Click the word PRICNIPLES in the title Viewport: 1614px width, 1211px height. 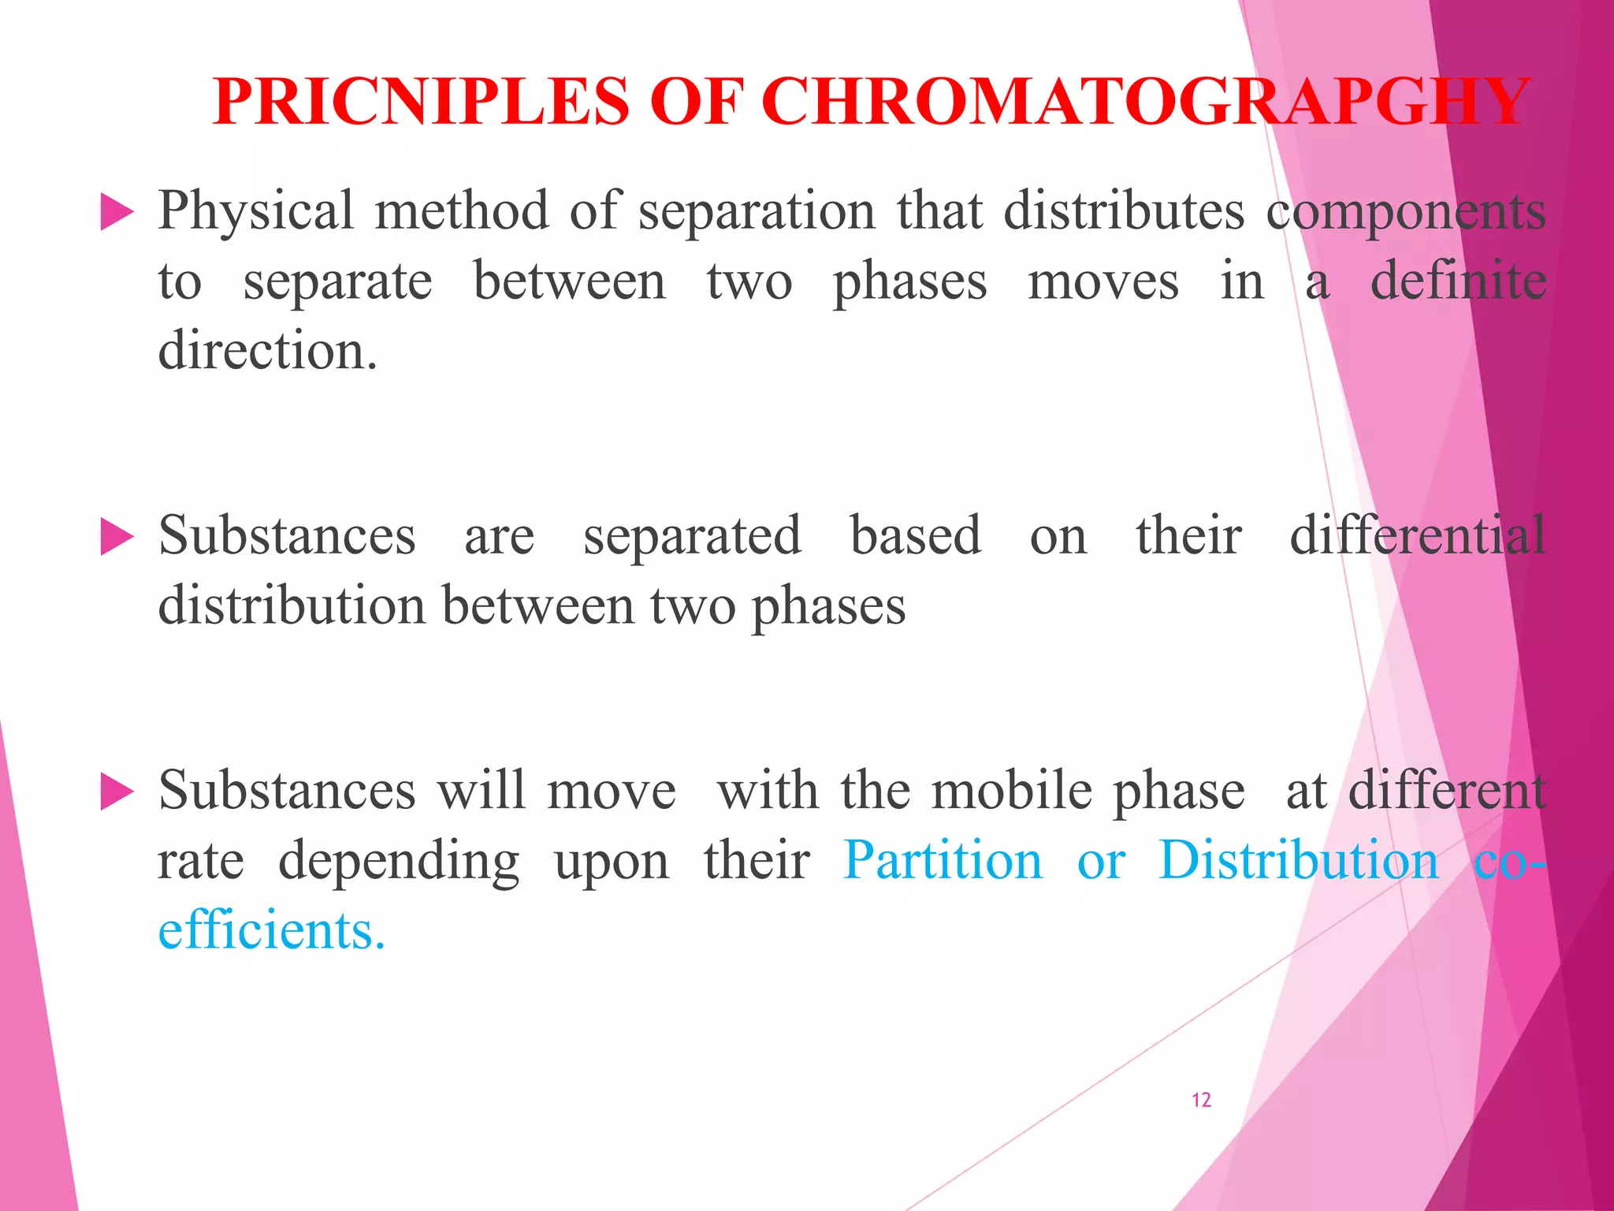[x=421, y=102]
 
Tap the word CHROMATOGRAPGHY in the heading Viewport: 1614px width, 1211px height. [x=1145, y=102]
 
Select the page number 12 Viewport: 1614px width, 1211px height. [x=1201, y=1100]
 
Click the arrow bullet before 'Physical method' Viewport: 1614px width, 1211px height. [x=117, y=213]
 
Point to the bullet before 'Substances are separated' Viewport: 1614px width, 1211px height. [x=117, y=538]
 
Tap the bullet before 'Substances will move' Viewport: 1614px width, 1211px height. [x=117, y=792]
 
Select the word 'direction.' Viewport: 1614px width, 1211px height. [x=267, y=351]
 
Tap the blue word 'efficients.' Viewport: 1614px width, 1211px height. [x=271, y=930]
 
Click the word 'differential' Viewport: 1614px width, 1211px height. [x=1417, y=536]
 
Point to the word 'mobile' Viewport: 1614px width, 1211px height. [x=1011, y=791]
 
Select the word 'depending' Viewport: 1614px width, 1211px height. [x=399, y=862]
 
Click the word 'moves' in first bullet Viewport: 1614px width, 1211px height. [x=1103, y=282]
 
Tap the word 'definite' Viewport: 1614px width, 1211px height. [x=1458, y=281]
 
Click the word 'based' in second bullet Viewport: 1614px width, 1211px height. [x=916, y=536]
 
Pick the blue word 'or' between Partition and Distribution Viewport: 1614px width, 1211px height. [x=1101, y=862]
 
